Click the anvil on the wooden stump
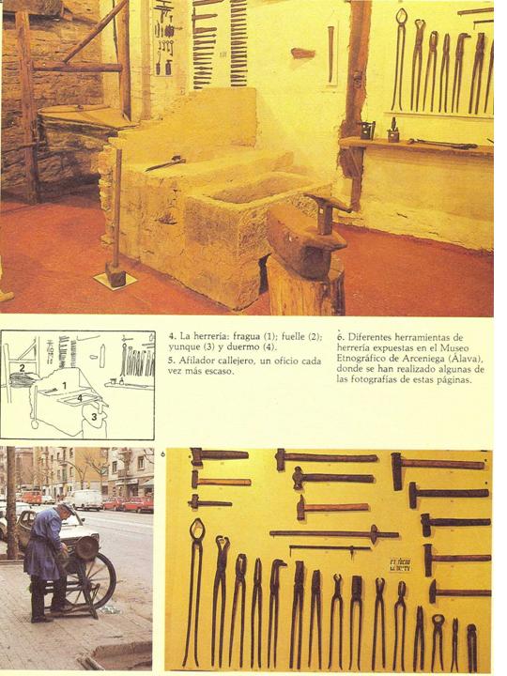pyautogui.click(x=307, y=235)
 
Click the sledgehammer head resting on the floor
pyautogui.click(x=115, y=275)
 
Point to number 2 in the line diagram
pyautogui.click(x=22, y=368)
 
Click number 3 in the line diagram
pyautogui.click(x=94, y=417)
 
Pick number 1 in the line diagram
pyautogui.click(x=64, y=385)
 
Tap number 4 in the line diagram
pyautogui.click(x=79, y=399)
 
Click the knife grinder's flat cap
pyautogui.click(x=67, y=509)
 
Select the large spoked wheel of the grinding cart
pyautogui.click(x=96, y=579)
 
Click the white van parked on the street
pyautogui.click(x=84, y=500)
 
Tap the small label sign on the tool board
pyautogui.click(x=400, y=565)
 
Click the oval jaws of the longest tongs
pyautogui.click(x=198, y=528)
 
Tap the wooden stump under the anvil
pyautogui.click(x=305, y=286)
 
